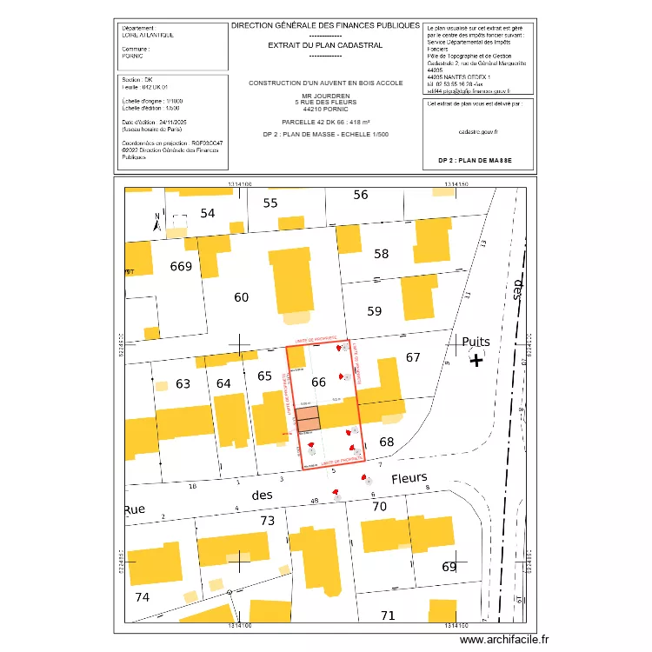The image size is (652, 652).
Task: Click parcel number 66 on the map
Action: click(318, 382)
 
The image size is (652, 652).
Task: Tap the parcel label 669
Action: click(181, 266)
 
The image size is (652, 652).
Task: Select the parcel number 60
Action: click(242, 297)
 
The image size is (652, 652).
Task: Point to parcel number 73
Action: click(268, 521)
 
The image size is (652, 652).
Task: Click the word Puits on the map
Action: click(477, 342)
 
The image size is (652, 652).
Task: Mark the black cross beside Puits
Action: click(476, 360)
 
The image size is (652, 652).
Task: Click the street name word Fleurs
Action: click(409, 478)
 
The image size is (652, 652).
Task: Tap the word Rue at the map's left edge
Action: click(134, 509)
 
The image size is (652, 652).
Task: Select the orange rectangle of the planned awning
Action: click(308, 419)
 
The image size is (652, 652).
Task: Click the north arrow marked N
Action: click(156, 222)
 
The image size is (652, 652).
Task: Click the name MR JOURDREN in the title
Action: click(326, 96)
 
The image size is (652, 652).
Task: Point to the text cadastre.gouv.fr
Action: click(477, 131)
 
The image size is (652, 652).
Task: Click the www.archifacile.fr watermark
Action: click(504, 639)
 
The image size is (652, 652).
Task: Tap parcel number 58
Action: click(382, 254)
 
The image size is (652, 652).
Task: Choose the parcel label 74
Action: click(143, 597)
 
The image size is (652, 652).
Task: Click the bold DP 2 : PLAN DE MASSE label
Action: click(475, 161)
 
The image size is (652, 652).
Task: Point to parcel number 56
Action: click(361, 195)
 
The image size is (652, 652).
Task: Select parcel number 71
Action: click(388, 615)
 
